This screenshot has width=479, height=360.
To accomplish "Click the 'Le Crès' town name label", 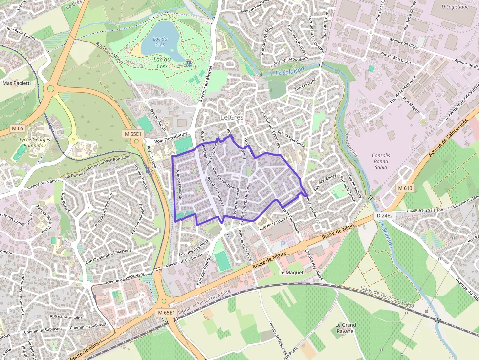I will pyautogui.click(x=232, y=117).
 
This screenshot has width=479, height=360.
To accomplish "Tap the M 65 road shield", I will pyautogui.click(x=17, y=128).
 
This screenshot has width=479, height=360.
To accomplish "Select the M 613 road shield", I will pyautogui.click(x=405, y=188).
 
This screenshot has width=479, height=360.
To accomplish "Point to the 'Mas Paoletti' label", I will pyautogui.click(x=17, y=83).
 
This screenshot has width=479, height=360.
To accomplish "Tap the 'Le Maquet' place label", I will pyautogui.click(x=291, y=272).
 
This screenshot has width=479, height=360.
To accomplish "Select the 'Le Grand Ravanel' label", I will pyautogui.click(x=345, y=328).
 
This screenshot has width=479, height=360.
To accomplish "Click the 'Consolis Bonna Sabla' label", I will pyautogui.click(x=381, y=161).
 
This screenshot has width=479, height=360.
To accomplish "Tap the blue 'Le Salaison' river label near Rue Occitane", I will pyautogui.click(x=289, y=71).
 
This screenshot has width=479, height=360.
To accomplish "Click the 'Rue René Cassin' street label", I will pyautogui.click(x=22, y=33).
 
